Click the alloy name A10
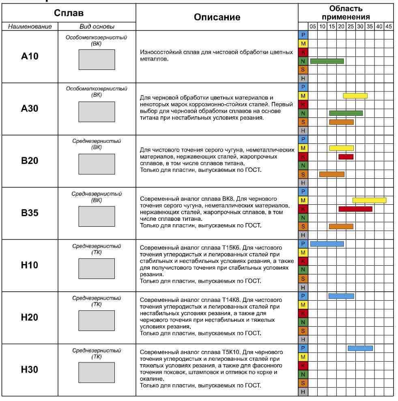point(29,57)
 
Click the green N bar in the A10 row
point(327,61)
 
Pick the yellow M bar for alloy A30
point(355,96)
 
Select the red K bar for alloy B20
point(346,156)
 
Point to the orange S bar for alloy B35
point(341,226)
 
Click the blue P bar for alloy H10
point(327,244)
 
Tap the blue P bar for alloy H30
point(360,348)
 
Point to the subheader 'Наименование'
point(29,27)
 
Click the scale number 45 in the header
point(388,27)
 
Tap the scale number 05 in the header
point(313,27)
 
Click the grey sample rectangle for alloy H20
point(97,320)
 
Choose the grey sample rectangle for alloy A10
point(97,59)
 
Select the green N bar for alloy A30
point(346,113)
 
